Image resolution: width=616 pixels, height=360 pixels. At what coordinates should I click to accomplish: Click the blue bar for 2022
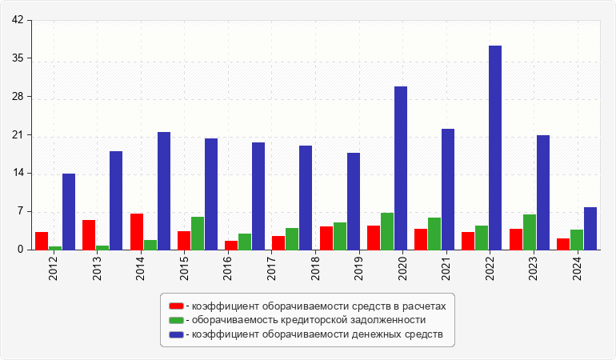click(495, 148)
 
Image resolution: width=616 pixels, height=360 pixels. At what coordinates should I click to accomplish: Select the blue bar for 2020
click(401, 168)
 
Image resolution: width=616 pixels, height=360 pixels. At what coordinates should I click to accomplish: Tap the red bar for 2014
click(137, 232)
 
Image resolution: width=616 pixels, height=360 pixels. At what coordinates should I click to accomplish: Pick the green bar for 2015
click(198, 234)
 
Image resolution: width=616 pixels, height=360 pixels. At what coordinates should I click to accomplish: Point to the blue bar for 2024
click(590, 229)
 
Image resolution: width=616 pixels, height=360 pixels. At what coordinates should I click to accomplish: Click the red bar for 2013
click(89, 235)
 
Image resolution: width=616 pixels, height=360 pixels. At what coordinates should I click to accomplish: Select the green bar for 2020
click(387, 231)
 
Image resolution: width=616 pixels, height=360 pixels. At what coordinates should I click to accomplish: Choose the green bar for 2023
click(530, 232)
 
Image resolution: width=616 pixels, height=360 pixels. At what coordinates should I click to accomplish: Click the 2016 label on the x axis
click(228, 266)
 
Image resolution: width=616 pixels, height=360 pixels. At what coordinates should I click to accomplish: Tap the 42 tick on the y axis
click(17, 21)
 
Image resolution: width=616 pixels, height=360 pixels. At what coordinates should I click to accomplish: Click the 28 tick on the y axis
click(17, 97)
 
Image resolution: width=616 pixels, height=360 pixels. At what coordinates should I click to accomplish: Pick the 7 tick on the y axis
click(19, 212)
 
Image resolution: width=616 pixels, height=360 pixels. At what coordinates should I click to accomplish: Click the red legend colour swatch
click(176, 306)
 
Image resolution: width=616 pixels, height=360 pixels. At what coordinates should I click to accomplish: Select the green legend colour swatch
click(176, 320)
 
